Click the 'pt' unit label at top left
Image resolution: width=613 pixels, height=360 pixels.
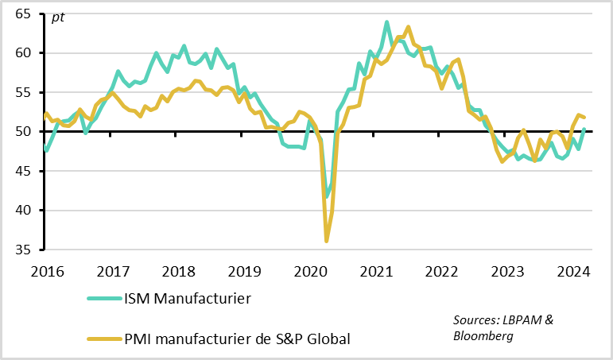[x=58, y=17]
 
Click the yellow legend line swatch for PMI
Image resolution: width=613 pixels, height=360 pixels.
[x=103, y=339]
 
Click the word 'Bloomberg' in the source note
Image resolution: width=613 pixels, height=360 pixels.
[x=483, y=336]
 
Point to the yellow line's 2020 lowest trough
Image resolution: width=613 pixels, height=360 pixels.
[x=326, y=240]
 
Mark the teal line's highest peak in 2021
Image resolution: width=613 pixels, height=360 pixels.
[x=387, y=22]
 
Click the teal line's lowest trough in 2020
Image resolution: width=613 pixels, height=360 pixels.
[x=327, y=196]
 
